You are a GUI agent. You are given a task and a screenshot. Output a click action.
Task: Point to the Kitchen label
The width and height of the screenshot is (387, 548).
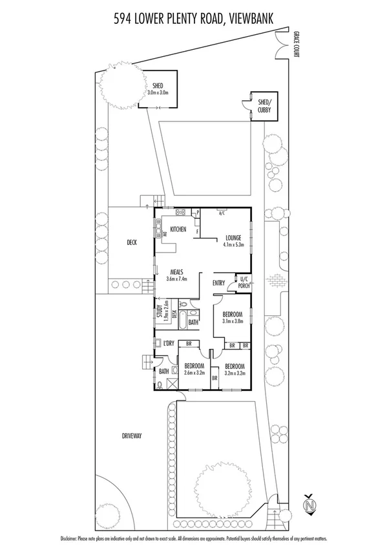coord(178,229)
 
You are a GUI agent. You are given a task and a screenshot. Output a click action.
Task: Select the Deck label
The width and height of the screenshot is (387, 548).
coord(132,243)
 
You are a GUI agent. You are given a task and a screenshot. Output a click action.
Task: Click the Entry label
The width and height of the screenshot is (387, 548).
coord(218,282)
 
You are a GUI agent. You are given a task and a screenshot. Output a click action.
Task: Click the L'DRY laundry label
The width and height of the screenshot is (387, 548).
coord(169,343)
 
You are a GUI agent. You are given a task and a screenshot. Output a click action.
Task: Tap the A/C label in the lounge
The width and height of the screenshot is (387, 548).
coord(222,213)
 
